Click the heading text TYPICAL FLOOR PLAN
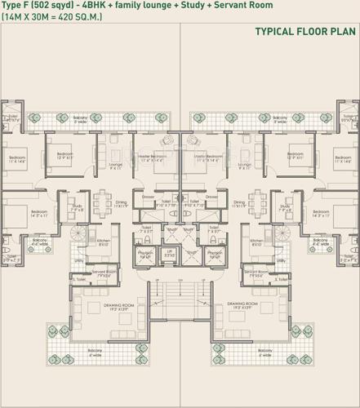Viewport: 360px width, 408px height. pos(305,33)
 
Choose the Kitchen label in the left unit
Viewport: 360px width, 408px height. pos(104,242)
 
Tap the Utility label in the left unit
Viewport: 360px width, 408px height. pos(79,260)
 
